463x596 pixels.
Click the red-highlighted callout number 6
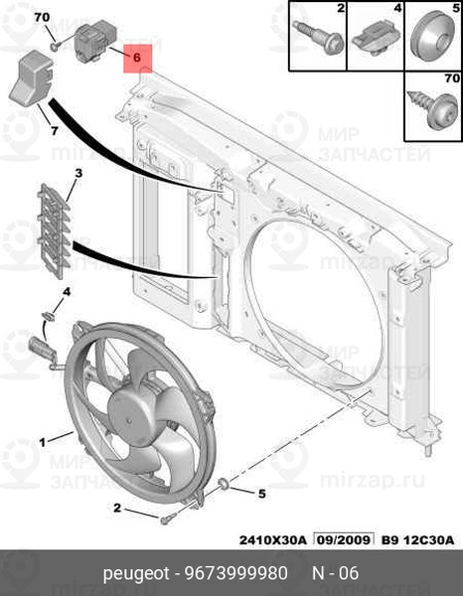(x=137, y=58)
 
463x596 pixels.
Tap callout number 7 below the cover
(x=55, y=131)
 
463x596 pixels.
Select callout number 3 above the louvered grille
(x=77, y=173)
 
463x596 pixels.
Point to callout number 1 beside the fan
(x=42, y=442)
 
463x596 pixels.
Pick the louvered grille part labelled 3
(x=54, y=231)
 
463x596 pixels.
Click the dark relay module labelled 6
(x=94, y=41)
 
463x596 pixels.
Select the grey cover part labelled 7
(x=31, y=77)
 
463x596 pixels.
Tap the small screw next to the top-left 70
(x=55, y=47)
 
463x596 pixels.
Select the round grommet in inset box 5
(x=434, y=37)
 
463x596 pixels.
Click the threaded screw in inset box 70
(x=432, y=107)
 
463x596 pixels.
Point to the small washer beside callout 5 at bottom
(x=223, y=484)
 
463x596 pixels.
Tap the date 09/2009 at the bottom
(x=342, y=539)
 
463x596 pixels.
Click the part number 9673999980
(x=236, y=573)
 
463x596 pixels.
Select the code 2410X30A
(x=272, y=539)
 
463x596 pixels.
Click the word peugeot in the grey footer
(x=136, y=574)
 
